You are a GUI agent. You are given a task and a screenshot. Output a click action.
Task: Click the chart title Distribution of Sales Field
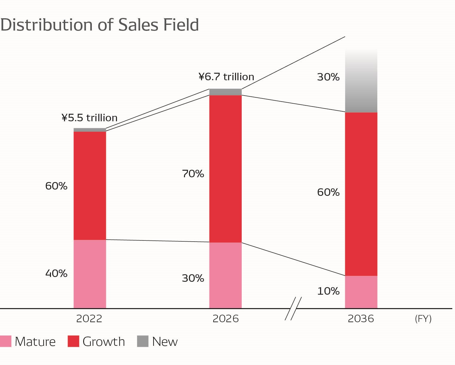click(100, 25)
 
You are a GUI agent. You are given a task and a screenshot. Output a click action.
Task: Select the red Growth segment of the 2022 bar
click(90, 186)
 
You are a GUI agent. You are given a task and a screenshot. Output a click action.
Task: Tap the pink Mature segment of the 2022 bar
click(90, 274)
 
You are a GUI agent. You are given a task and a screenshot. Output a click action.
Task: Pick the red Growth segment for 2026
click(225, 169)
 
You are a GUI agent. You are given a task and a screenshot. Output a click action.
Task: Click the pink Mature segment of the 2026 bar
click(225, 275)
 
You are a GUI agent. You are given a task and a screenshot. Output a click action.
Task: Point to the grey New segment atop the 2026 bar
click(225, 92)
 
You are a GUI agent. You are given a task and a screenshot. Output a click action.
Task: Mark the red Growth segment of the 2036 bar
click(361, 194)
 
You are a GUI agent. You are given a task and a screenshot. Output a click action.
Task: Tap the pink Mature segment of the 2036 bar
click(361, 292)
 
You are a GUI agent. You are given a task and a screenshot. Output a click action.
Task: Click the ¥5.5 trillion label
click(89, 118)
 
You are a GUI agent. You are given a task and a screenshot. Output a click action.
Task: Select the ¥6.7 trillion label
click(226, 77)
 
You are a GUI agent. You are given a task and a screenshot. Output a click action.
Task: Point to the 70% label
click(193, 174)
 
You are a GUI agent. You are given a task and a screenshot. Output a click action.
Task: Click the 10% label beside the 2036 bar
click(328, 291)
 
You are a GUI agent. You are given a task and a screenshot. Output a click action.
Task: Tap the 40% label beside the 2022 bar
click(56, 273)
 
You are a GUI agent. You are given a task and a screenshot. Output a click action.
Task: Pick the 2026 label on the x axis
click(226, 319)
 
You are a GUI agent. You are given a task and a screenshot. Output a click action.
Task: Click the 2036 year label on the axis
click(361, 319)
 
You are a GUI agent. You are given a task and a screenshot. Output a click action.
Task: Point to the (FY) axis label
click(423, 319)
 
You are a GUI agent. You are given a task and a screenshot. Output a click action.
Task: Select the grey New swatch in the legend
click(143, 341)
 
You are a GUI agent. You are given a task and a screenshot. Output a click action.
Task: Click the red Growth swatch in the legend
click(73, 341)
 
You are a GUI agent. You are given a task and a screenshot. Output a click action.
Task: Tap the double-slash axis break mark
click(293, 308)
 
